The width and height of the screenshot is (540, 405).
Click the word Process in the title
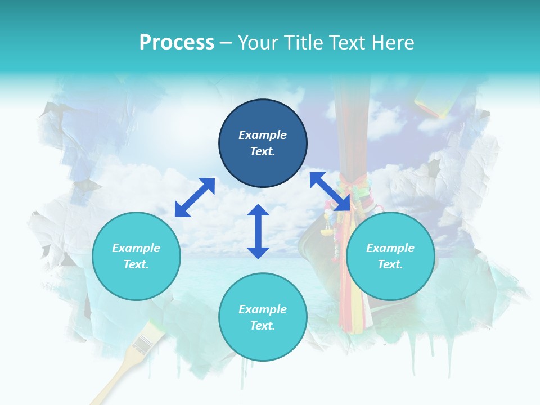(x=177, y=42)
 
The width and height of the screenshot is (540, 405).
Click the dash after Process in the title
(x=226, y=43)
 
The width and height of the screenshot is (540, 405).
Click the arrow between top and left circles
(x=195, y=197)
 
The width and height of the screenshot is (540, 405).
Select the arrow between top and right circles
(x=330, y=191)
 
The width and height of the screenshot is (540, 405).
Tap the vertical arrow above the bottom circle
(x=258, y=231)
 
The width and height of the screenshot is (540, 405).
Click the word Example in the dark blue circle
(x=263, y=135)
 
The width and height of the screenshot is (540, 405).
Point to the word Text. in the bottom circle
(x=263, y=326)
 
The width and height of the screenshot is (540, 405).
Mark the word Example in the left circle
(x=136, y=248)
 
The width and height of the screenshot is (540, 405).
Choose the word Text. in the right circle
(x=390, y=264)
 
